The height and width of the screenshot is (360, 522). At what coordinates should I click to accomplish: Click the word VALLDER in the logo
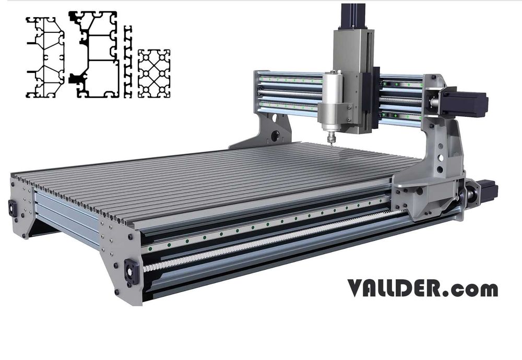click(x=397, y=288)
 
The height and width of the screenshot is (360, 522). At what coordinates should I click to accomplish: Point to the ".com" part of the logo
click(x=473, y=289)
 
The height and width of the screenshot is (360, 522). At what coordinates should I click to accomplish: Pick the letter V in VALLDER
click(x=356, y=288)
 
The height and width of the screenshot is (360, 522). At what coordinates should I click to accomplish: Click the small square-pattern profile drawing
click(x=155, y=74)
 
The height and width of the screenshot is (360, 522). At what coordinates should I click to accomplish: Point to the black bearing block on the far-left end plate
click(x=11, y=208)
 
